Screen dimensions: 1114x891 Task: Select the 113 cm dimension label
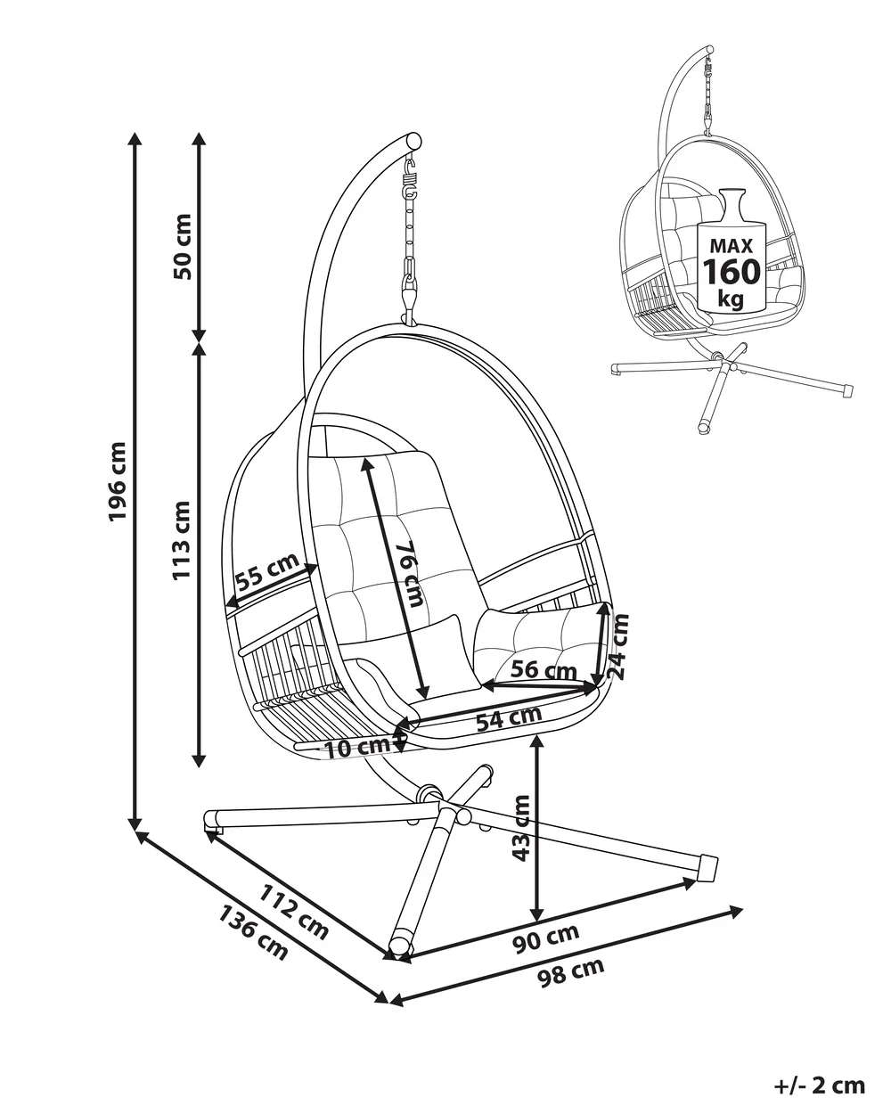click(183, 540)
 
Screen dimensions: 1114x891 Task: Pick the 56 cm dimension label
click(539, 668)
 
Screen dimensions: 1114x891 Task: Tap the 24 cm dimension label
click(618, 646)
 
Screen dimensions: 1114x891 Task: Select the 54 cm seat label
click(508, 719)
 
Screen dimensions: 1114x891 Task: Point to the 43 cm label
click(521, 827)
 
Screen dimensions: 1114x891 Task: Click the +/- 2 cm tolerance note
click(820, 1085)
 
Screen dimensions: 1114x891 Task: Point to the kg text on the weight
click(731, 299)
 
